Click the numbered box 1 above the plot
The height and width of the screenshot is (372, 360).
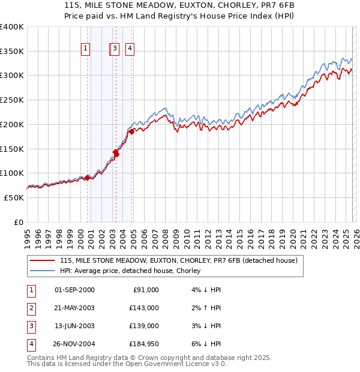[85, 49]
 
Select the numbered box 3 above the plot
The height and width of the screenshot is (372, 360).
[114, 49]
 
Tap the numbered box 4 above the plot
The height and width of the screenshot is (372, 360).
[129, 49]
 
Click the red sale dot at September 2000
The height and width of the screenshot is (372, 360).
[88, 178]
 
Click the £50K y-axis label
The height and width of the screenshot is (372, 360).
[14, 197]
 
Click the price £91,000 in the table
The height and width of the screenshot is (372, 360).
[144, 290]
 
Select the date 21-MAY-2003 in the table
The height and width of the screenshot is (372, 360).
[74, 308]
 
